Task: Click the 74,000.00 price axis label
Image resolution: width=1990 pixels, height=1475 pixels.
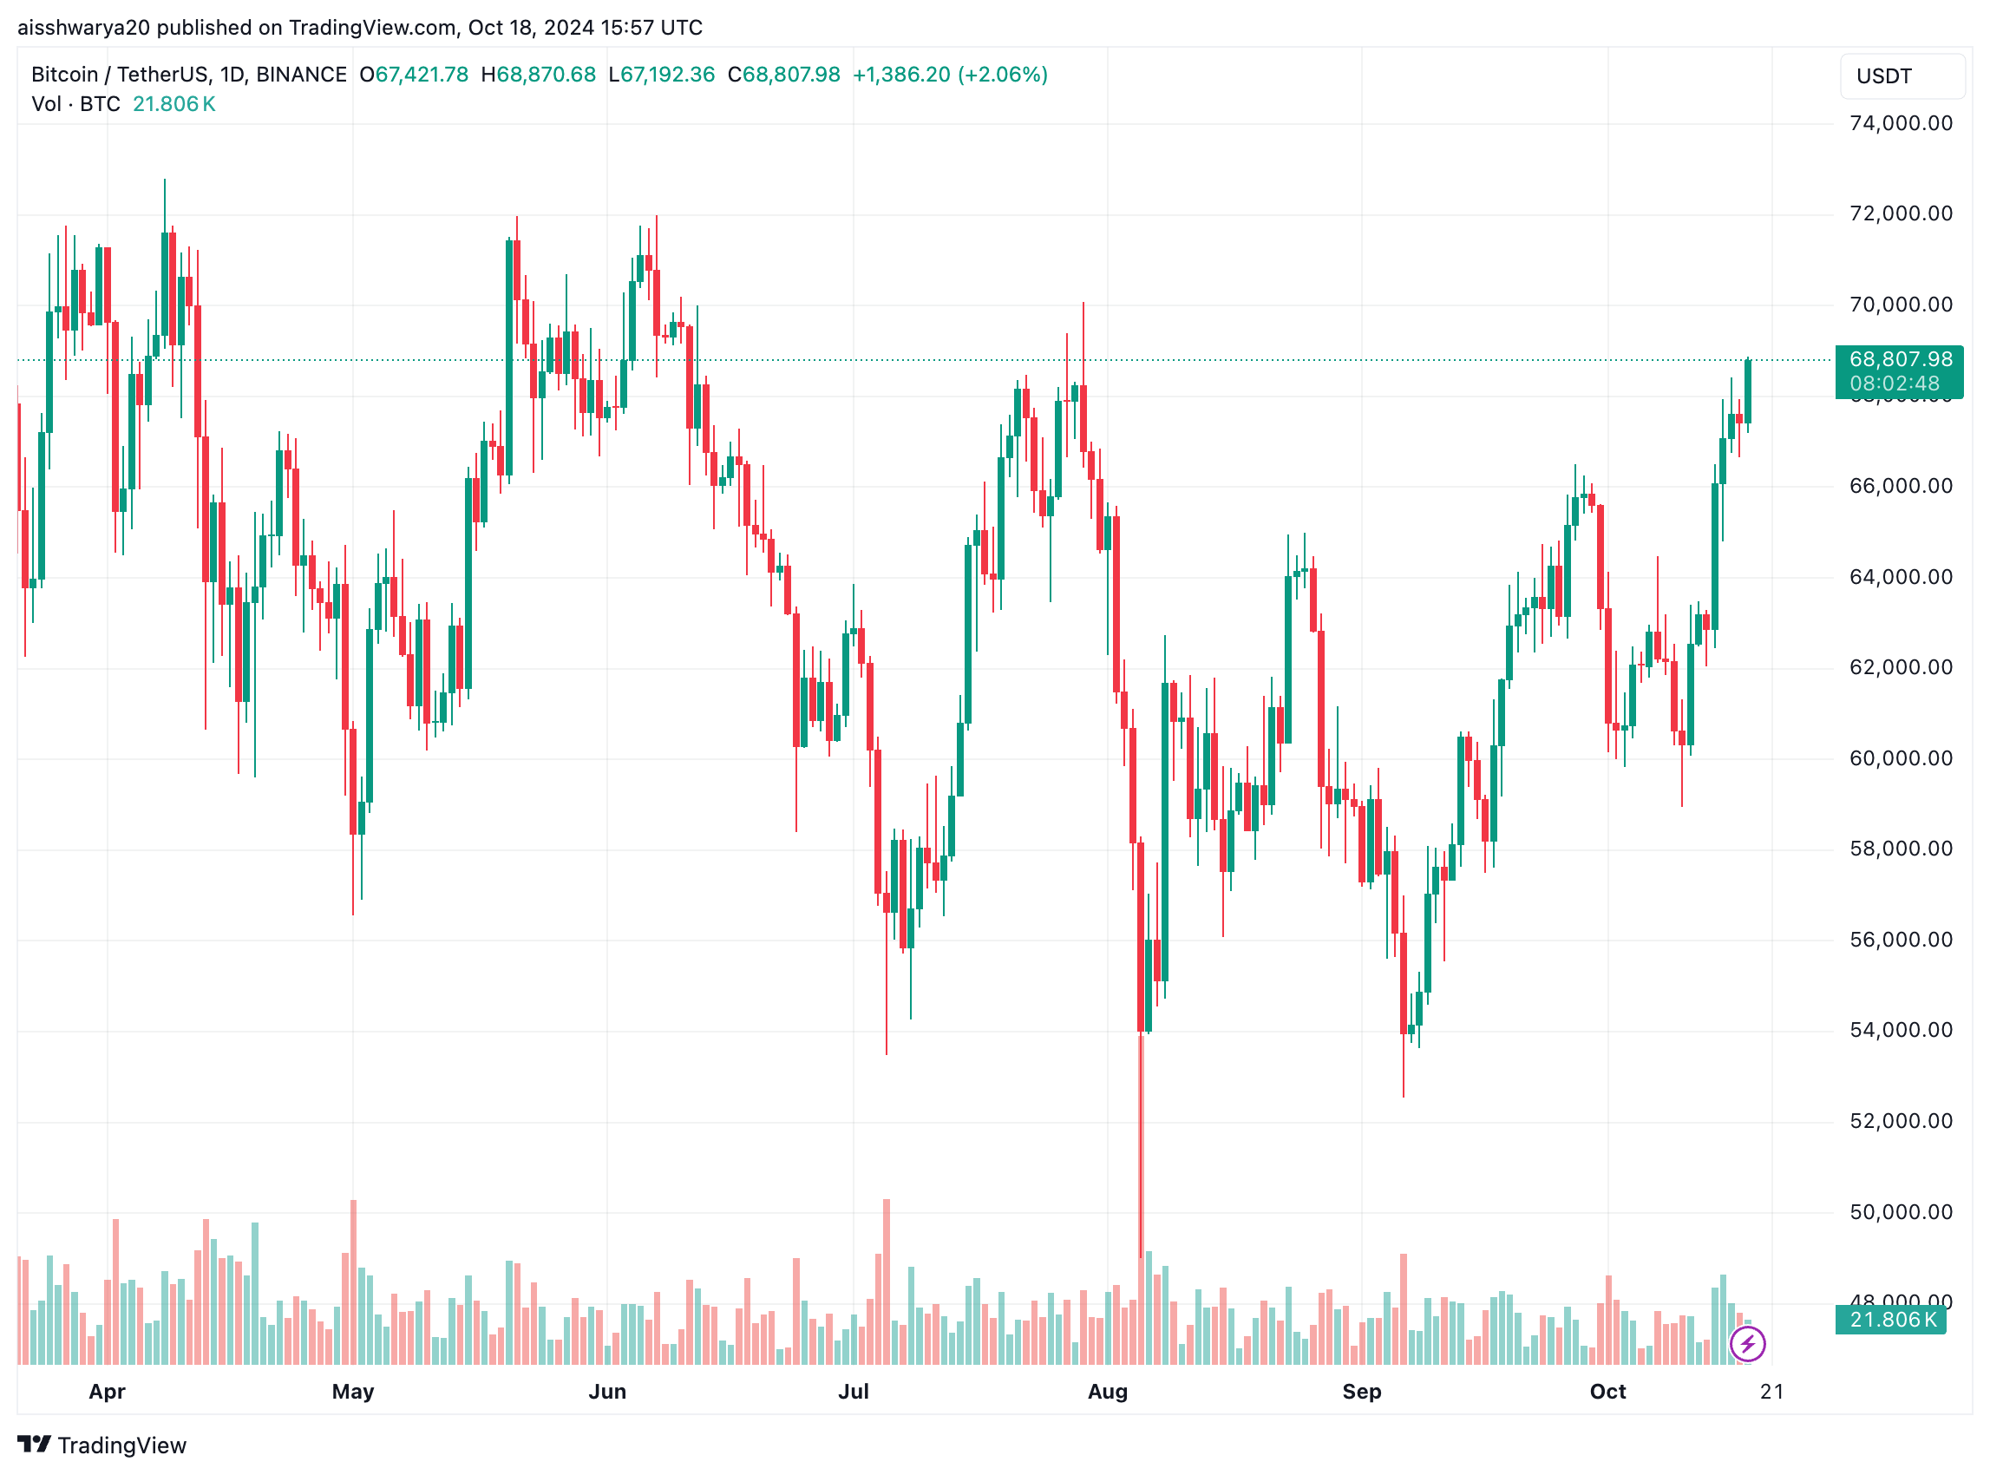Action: (x=1899, y=123)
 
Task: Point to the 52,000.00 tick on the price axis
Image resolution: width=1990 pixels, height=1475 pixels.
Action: (x=1899, y=1120)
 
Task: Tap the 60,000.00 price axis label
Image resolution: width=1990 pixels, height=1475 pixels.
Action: (x=1899, y=758)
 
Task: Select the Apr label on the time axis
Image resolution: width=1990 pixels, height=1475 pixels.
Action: (x=107, y=1391)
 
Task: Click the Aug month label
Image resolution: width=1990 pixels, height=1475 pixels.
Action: (x=1107, y=1391)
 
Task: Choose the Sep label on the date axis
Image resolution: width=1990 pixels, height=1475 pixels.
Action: (x=1360, y=1391)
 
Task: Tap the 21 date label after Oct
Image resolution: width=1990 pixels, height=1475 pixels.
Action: (x=1771, y=1391)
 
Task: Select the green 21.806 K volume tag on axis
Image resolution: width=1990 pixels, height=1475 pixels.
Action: (x=1891, y=1319)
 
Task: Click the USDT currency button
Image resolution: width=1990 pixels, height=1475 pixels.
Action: (x=1901, y=75)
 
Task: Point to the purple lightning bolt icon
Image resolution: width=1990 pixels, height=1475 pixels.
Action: (x=1746, y=1343)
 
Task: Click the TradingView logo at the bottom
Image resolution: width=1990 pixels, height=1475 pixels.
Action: (x=101, y=1445)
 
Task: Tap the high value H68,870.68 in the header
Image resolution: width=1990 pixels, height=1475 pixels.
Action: (x=539, y=74)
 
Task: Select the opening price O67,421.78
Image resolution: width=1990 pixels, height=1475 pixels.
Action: (x=415, y=74)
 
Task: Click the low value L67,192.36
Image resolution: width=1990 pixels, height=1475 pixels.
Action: (x=662, y=74)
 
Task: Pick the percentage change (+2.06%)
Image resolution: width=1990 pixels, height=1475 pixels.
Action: (x=1003, y=74)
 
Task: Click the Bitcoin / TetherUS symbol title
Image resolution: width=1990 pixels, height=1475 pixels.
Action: (x=188, y=74)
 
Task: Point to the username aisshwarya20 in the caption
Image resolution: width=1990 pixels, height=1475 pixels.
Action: (x=84, y=28)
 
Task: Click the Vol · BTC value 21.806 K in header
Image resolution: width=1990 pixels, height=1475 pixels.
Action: (x=174, y=103)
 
